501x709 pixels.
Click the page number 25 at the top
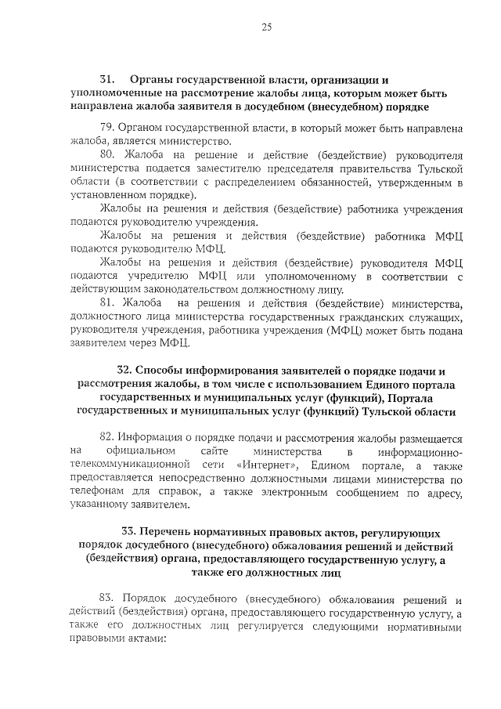click(x=266, y=28)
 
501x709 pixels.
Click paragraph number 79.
click(x=107, y=128)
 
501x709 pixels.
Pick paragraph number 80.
click(x=108, y=154)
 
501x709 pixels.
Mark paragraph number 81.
click(x=108, y=302)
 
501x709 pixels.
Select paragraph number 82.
click(x=108, y=439)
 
